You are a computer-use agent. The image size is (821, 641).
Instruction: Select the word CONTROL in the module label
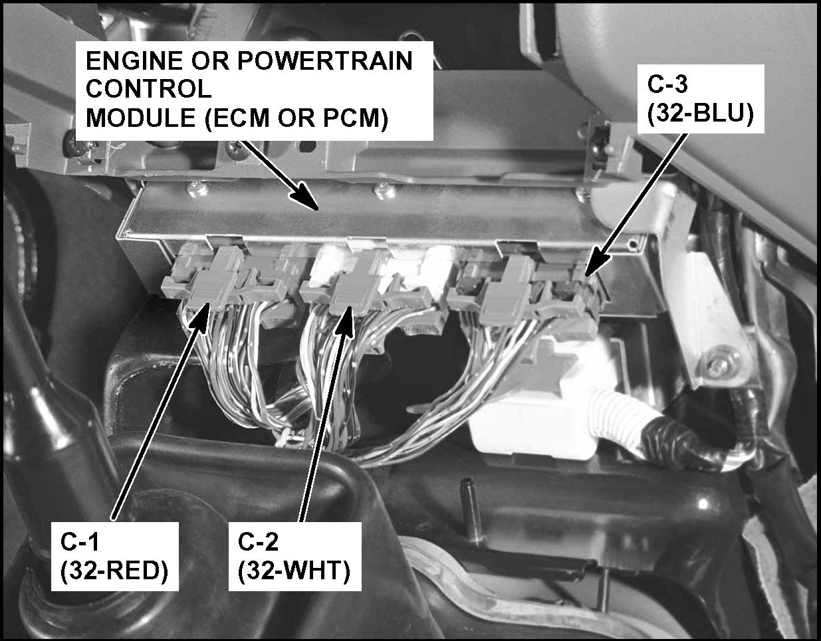click(x=149, y=90)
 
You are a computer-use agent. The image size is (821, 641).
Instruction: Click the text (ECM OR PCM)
click(x=297, y=118)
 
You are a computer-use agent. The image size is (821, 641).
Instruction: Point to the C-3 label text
click(x=667, y=84)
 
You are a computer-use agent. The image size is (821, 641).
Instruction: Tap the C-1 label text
click(x=80, y=543)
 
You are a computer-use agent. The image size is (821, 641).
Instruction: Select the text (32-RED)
click(x=114, y=573)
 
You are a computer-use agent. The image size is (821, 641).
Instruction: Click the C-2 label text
click(x=258, y=543)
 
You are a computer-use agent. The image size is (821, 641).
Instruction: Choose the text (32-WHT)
click(x=294, y=573)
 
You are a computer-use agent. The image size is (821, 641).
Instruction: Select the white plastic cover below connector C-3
click(x=544, y=400)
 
